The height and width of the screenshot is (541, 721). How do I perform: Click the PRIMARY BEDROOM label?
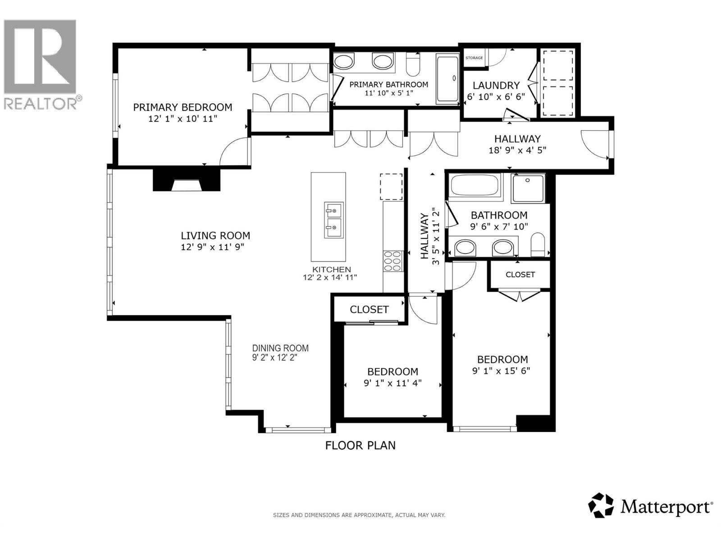click(x=183, y=107)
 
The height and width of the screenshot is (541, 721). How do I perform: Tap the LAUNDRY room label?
click(x=496, y=85)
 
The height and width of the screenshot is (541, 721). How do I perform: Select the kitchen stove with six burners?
click(x=392, y=261)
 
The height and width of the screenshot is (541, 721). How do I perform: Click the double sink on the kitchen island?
click(x=333, y=220)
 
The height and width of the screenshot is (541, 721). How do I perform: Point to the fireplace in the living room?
click(x=187, y=181)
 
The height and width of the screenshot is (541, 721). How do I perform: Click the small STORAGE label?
click(x=474, y=58)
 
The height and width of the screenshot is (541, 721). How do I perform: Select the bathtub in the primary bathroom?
click(x=447, y=79)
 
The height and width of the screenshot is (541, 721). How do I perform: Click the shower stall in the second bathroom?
click(x=528, y=188)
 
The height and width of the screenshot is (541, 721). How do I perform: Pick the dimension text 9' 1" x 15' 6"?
click(x=501, y=371)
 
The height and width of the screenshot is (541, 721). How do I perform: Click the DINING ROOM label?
click(x=280, y=348)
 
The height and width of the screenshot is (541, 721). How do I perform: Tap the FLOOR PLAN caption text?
click(x=360, y=445)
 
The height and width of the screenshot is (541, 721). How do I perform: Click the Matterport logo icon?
click(x=601, y=505)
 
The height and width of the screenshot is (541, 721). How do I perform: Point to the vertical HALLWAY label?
click(x=424, y=236)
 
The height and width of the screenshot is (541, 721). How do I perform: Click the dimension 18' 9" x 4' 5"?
click(x=517, y=150)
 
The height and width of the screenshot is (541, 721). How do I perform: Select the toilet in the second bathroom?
click(x=538, y=245)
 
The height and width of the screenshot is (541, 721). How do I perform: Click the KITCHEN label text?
click(x=331, y=270)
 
